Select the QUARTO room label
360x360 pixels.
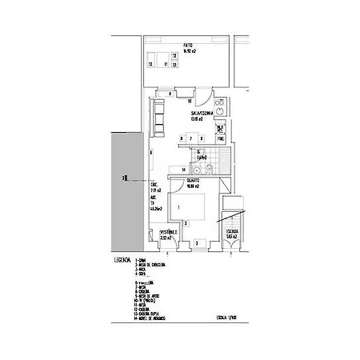194,181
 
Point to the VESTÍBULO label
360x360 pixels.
167,234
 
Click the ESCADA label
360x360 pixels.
232,233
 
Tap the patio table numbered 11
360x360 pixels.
165,63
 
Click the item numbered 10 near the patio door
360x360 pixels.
190,102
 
